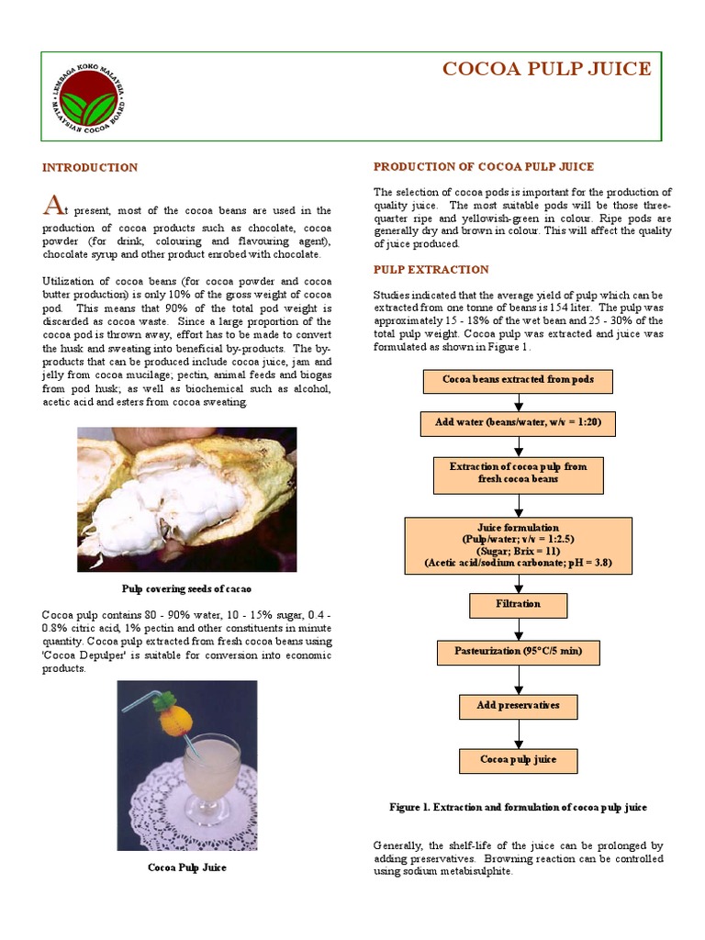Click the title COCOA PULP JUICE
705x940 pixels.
tap(547, 70)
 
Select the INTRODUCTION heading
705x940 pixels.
tap(90, 168)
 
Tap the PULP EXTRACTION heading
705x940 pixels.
tap(431, 270)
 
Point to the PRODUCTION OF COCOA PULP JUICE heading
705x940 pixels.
tap(483, 167)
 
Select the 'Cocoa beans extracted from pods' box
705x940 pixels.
tap(518, 380)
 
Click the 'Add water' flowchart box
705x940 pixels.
tap(518, 423)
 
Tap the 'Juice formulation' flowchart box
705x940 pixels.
tap(518, 545)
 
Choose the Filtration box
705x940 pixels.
tap(518, 604)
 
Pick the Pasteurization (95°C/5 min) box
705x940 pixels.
tap(518, 652)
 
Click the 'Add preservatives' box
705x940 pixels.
tap(518, 706)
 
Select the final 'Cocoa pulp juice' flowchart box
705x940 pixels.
tap(518, 760)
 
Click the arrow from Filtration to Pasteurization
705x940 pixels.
tap(519, 629)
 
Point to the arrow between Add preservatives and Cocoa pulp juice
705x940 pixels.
tap(519, 733)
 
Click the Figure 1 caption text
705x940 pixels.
tap(518, 807)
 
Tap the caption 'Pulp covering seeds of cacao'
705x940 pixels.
tap(186, 588)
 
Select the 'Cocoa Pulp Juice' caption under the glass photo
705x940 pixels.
tap(186, 867)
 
